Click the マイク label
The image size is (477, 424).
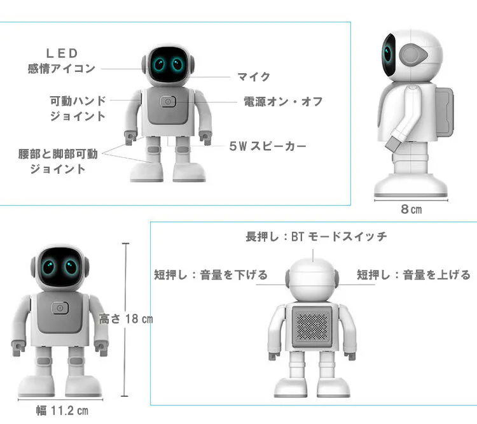tap(254, 77)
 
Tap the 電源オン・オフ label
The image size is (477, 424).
tap(283, 102)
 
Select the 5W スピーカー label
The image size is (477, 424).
tap(268, 146)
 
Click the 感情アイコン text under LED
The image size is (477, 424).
tap(62, 69)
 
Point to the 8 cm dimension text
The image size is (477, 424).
tap(411, 209)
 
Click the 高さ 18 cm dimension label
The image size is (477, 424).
tap(126, 319)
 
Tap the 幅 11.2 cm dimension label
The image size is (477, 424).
tap(62, 411)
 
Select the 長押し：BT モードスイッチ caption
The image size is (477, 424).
tap(316, 236)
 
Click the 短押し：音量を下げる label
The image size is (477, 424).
tap(211, 275)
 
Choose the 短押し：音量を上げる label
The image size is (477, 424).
tap(414, 275)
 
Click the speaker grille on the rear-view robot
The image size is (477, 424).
tap(312, 327)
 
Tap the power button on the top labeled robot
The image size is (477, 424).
tap(168, 102)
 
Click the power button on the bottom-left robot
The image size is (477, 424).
tap(60, 308)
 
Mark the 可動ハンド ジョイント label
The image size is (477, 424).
tap(78, 108)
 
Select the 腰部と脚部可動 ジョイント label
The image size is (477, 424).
tap(58, 162)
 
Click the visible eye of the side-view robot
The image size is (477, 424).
tap(387, 53)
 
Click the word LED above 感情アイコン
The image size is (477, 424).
tap(62, 53)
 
